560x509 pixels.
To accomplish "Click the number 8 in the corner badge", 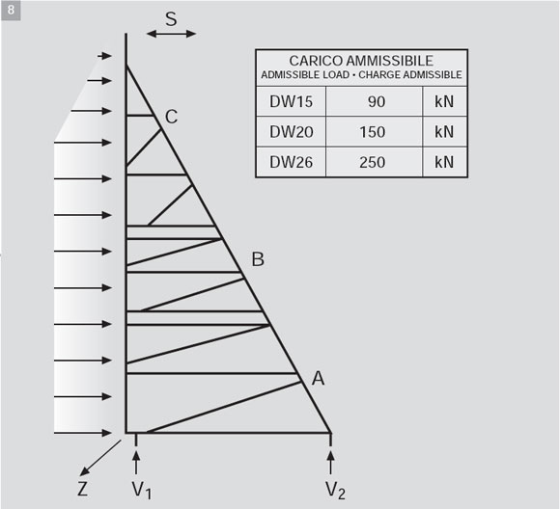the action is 11,10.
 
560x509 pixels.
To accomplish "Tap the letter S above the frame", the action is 172,19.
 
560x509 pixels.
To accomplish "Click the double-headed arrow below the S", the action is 172,34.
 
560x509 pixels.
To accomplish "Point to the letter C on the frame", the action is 172,117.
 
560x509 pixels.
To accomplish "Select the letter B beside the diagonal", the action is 258,259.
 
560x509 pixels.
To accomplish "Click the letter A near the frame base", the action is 319,379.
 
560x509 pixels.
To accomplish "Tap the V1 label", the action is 142,490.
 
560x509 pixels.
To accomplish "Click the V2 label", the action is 335,490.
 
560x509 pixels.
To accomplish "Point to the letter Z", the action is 82,489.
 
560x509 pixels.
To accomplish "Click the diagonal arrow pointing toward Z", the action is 100,458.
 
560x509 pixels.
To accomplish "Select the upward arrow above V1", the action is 136,463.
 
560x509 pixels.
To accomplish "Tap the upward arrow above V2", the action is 331,463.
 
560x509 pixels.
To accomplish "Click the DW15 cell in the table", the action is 291,101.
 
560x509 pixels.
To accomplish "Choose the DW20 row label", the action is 291,132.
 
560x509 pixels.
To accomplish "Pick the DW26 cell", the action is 291,162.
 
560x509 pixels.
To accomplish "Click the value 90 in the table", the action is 377,102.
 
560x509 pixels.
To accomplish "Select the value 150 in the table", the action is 373,132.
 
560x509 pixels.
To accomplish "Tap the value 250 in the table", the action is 373,163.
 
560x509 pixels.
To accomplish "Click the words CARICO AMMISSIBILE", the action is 361,61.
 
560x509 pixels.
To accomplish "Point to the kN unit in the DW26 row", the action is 444,162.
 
